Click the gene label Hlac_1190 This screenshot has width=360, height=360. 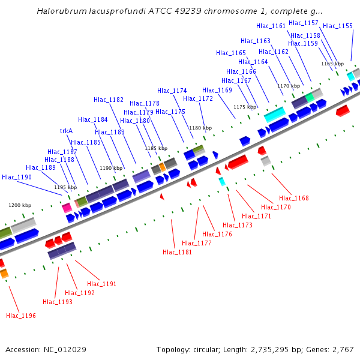[x=17, y=177]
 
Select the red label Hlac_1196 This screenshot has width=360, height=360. [x=21, y=316]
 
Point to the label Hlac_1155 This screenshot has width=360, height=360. [x=338, y=26]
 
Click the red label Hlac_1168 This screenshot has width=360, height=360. [x=294, y=198]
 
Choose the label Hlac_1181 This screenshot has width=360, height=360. [x=178, y=252]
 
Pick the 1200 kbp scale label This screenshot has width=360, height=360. [x=19, y=205]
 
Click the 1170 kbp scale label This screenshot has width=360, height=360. [x=289, y=86]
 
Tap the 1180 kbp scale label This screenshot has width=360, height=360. [x=200, y=128]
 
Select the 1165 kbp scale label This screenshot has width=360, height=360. [x=332, y=64]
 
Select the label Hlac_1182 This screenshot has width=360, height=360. [x=109, y=100]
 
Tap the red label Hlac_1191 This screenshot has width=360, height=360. [x=102, y=284]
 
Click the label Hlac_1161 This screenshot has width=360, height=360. [x=271, y=26]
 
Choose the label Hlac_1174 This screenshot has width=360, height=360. [x=172, y=91]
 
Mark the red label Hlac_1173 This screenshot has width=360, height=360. [x=237, y=225]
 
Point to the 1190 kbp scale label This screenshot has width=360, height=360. [x=111, y=168]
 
